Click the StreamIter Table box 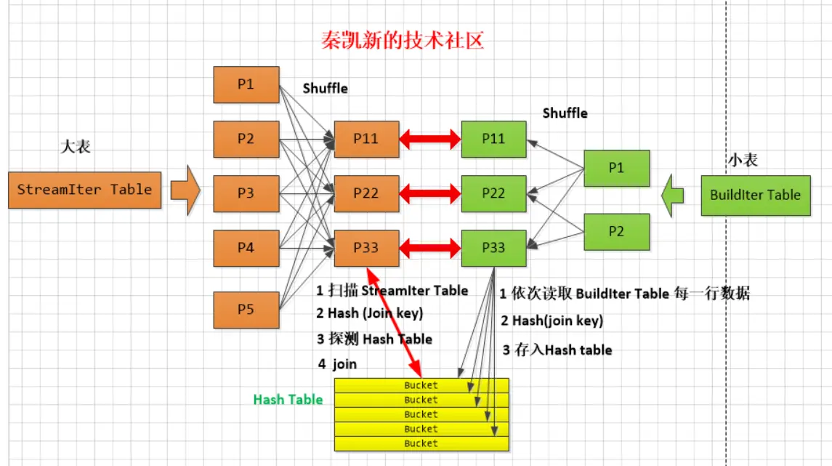point(84,190)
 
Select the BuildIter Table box point(755,195)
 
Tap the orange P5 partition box point(246,310)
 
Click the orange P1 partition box point(246,84)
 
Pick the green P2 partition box point(616,232)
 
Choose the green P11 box point(493,139)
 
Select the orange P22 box point(366,193)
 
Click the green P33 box point(493,248)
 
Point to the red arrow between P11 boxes point(430,139)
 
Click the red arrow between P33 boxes point(430,248)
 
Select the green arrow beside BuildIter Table point(674,195)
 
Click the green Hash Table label point(288,400)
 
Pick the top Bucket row point(421,385)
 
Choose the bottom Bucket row point(421,443)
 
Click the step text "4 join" point(336,364)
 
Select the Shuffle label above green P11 point(565,113)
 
